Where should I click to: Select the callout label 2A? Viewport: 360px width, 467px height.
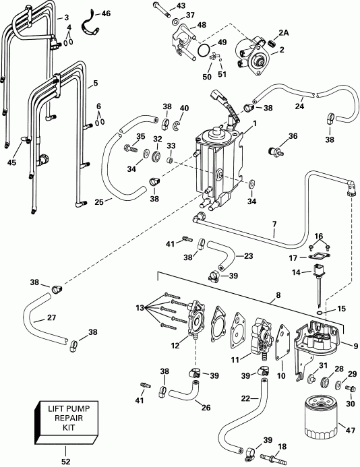click(283, 32)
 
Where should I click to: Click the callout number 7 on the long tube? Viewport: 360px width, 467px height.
click(273, 223)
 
